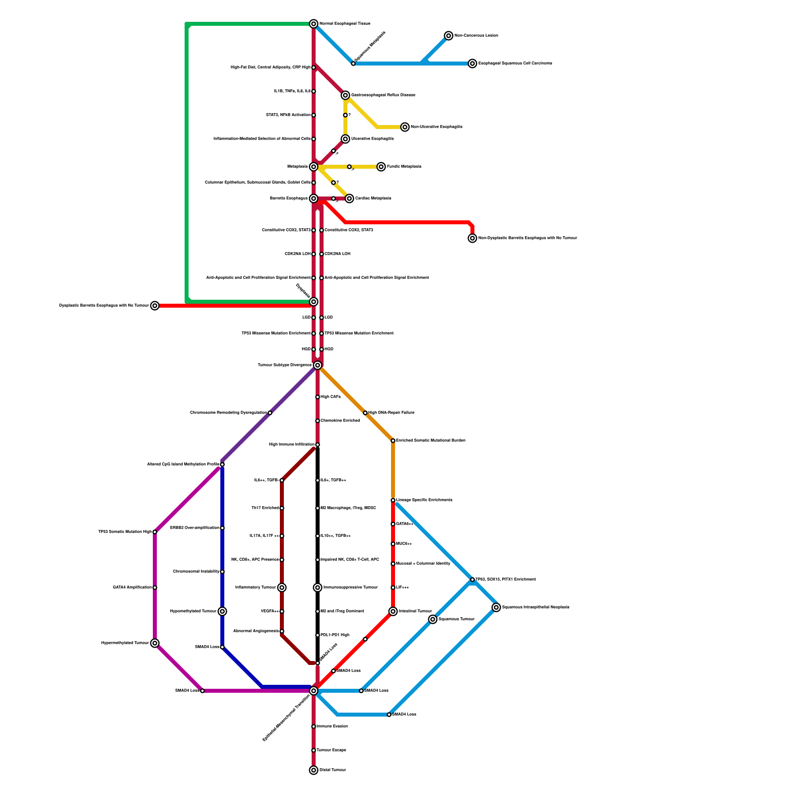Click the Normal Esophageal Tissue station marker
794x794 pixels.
[x=314, y=24]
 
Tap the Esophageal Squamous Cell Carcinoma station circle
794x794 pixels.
[x=472, y=64]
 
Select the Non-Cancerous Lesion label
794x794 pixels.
[x=476, y=36]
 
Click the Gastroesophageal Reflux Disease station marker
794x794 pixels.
[x=345, y=95]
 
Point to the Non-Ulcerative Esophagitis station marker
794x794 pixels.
[x=405, y=127]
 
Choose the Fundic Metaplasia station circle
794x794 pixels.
[x=381, y=167]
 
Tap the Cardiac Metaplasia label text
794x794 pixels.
[x=373, y=198]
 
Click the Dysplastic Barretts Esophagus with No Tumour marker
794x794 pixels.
[x=155, y=306]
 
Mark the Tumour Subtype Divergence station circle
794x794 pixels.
[x=318, y=365]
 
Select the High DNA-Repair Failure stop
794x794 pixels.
[x=365, y=413]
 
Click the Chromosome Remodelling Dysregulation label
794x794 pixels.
[x=228, y=413]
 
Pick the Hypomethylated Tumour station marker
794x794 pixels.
[x=222, y=611]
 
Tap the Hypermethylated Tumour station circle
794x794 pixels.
[x=155, y=643]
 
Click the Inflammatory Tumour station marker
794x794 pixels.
[x=282, y=588]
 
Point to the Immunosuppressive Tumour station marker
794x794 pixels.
[x=318, y=588]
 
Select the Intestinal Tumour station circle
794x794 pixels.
[x=393, y=611]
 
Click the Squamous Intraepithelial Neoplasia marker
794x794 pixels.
[x=496, y=607]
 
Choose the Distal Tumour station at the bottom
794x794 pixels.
[x=314, y=770]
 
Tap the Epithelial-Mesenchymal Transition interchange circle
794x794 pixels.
[x=314, y=691]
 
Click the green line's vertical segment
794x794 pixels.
[x=187, y=164]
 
